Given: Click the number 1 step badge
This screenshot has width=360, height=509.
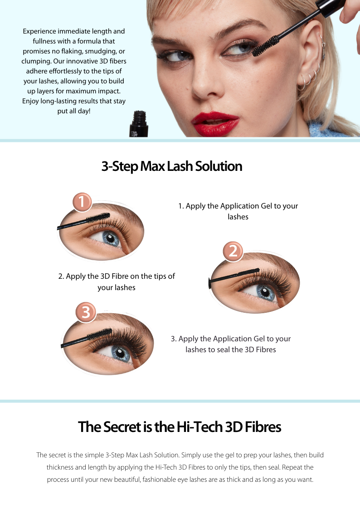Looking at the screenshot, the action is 82,202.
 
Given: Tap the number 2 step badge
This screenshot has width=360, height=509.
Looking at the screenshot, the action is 233,251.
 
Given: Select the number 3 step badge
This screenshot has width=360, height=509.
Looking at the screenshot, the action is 86,312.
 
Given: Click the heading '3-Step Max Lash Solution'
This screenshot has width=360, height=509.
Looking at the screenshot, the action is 172,166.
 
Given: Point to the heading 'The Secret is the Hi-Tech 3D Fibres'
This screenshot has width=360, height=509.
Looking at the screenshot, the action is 180,427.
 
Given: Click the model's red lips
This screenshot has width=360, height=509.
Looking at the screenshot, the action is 215,124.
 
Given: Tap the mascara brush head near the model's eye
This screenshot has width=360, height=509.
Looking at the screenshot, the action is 266,46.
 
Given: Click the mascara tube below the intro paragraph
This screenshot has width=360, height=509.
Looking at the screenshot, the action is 139,124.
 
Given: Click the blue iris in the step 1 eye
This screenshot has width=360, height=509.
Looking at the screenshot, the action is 111,238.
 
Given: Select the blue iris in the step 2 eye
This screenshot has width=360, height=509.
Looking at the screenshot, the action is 266,291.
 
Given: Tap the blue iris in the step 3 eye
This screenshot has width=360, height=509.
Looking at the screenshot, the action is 121,353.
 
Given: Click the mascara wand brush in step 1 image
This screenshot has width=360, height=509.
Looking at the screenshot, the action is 98,218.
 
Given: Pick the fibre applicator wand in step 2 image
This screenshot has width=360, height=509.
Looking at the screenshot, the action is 234,276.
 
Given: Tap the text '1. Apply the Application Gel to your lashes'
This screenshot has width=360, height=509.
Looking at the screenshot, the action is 238,211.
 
